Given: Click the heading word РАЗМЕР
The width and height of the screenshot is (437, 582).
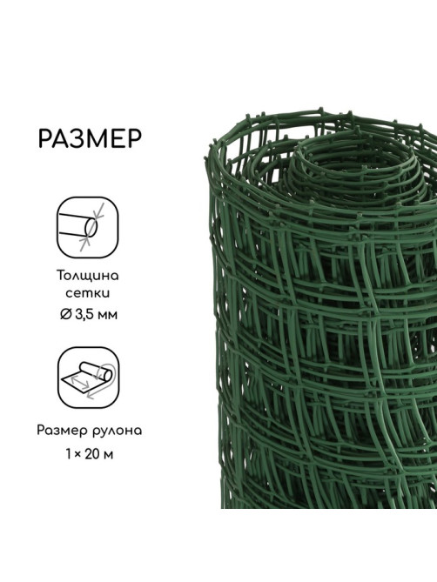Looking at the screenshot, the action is point(90,138).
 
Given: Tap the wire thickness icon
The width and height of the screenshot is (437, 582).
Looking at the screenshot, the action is point(88,227).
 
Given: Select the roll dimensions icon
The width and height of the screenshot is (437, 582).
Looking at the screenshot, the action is point(89,378).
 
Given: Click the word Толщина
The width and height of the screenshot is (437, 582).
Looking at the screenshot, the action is point(88,276).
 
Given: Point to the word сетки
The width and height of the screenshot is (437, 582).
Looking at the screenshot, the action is point(88,293).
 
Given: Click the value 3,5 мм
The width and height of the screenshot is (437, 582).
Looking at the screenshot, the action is point(96,315).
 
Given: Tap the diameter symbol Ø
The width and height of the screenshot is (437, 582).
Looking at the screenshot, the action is point(65,315).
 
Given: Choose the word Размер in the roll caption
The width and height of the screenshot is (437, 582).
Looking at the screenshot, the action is point(61,431).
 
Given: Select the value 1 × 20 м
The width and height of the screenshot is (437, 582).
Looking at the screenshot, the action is point(89,454).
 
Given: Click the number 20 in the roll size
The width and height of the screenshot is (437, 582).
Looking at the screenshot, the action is point(91,454).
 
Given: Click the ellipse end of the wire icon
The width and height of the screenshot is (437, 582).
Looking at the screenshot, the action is point(91,227).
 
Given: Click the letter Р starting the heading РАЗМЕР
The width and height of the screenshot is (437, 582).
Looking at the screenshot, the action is point(45,139).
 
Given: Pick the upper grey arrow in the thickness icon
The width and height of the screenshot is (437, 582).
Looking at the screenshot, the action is point(99,211).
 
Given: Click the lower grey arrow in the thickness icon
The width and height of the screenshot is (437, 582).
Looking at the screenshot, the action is point(84,244).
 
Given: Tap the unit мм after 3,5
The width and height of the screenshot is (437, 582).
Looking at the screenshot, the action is point(109,316).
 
